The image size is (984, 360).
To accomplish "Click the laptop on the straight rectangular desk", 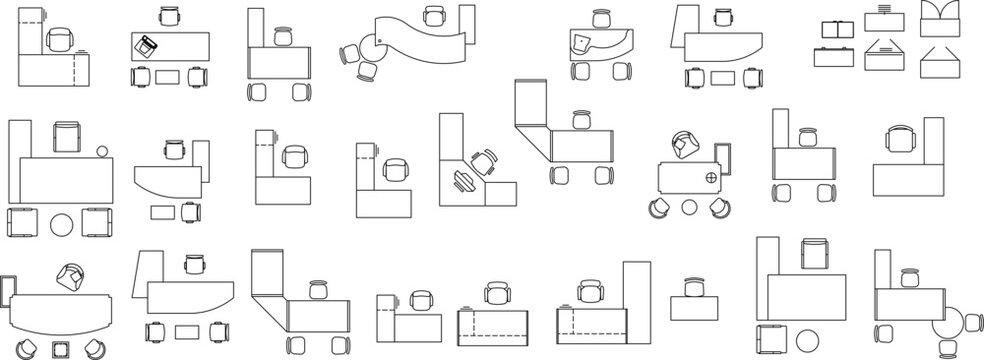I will [x=147, y=45].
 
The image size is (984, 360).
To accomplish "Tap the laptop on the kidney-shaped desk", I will [x=581, y=43].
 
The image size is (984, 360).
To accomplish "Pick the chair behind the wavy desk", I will [x=434, y=15].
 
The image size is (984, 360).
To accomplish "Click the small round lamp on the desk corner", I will [x=102, y=151].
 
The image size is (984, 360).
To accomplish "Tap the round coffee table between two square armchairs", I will [x=62, y=224].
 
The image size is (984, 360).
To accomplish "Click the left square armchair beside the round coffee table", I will [x=21, y=223].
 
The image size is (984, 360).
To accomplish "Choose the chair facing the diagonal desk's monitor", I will [x=486, y=161].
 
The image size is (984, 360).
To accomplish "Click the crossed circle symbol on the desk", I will [x=711, y=179].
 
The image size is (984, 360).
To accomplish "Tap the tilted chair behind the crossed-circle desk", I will [x=684, y=146].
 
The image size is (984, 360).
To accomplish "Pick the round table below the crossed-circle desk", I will [x=689, y=207].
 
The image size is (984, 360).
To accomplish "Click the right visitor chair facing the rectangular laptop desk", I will [x=196, y=76].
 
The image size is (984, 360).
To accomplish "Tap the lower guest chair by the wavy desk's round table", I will [x=369, y=71].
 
